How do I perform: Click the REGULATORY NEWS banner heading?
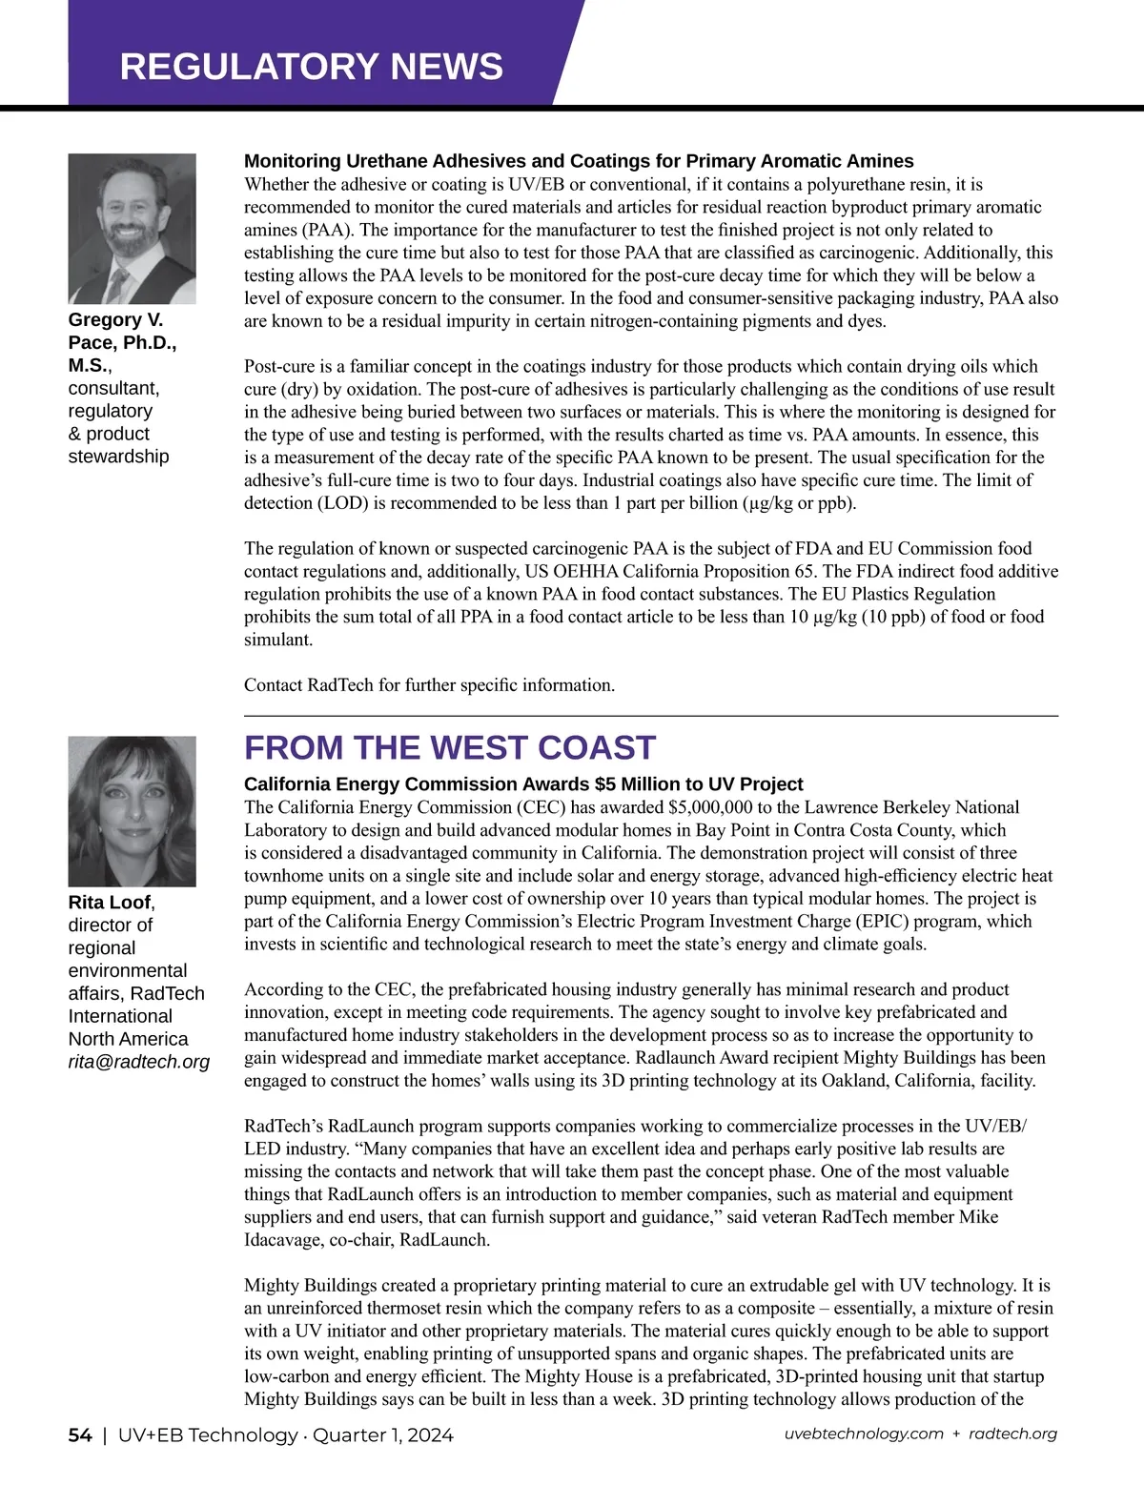point(311,67)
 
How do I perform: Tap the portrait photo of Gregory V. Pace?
point(132,229)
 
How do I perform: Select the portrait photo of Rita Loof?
point(132,811)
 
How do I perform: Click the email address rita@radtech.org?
point(139,1062)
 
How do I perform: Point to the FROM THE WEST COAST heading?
point(450,748)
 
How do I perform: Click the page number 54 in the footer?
point(80,1435)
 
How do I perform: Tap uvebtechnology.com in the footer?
point(864,1434)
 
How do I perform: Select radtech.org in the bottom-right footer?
point(1012,1434)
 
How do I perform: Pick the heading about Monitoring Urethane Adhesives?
point(579,161)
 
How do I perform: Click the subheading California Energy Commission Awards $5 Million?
point(523,784)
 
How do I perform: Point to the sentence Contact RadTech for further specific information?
point(429,685)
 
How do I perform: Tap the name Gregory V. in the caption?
point(115,320)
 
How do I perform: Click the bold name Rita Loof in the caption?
point(110,903)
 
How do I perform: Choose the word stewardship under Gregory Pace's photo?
point(118,457)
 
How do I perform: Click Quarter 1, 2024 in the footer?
point(383,1435)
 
